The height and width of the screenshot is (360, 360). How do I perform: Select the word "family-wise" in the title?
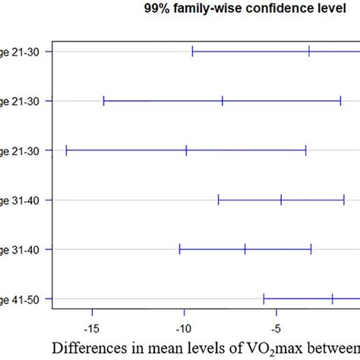coord(204,9)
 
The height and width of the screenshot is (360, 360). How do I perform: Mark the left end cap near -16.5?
coord(66,150)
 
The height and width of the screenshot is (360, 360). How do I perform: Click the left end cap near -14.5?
coord(103,100)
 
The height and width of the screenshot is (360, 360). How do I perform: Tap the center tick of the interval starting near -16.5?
coord(186,150)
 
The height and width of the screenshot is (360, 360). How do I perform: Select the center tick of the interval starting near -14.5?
coord(223,100)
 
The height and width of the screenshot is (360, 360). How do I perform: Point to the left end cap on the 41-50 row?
coord(264,299)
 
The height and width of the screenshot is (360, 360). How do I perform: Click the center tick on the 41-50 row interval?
coord(333,299)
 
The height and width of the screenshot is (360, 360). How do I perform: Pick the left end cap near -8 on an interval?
coord(219,200)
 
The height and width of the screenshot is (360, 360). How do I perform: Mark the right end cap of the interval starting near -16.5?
coord(306,150)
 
